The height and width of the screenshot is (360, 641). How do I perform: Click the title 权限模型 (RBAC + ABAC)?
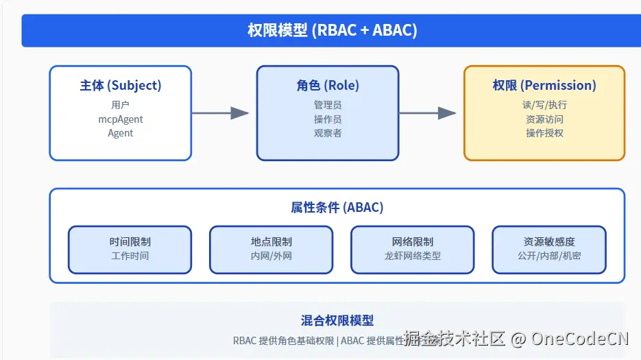point(332,30)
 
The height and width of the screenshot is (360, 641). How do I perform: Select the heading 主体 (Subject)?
point(121,86)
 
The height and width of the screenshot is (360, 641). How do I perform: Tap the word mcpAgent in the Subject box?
point(121,119)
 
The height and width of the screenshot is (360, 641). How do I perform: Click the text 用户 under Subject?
point(121,105)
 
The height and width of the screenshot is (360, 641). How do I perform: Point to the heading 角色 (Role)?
point(328,86)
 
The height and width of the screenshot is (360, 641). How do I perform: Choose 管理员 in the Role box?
point(328,105)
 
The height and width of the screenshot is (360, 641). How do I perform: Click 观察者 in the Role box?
point(328,133)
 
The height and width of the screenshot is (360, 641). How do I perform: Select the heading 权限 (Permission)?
point(544,86)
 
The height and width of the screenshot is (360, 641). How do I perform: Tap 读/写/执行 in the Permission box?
point(544,105)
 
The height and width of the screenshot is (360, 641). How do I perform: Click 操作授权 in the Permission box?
point(544,133)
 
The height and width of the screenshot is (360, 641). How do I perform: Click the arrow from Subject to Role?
point(220,113)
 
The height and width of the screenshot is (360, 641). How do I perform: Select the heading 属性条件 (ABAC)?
point(337,207)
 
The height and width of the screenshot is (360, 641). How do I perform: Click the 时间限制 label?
point(130,241)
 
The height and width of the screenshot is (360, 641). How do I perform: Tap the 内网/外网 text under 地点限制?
point(271,256)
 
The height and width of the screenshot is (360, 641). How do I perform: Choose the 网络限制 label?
point(413,241)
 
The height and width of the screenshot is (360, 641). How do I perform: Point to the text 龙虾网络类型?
point(413,256)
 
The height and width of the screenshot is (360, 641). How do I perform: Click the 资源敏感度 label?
point(549,241)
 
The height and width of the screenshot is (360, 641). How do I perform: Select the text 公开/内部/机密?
point(549,256)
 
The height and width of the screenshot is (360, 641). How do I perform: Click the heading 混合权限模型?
point(337,320)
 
